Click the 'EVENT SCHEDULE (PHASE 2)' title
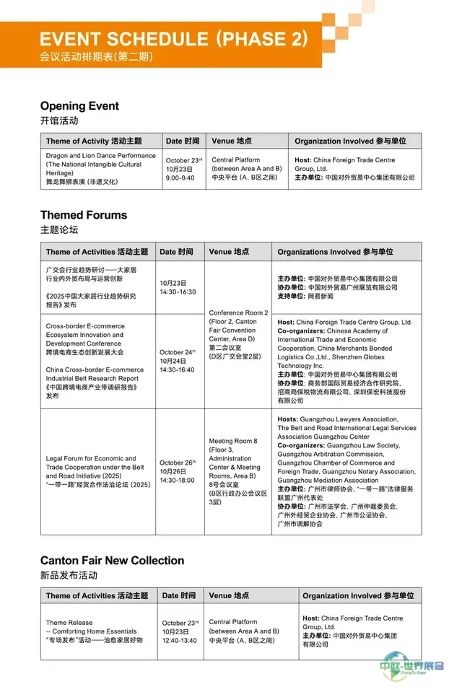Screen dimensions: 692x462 pyautogui.click(x=173, y=38)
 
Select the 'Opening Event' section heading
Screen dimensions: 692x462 pyautogui.click(x=79, y=106)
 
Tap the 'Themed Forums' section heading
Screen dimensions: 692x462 pyautogui.click(x=83, y=215)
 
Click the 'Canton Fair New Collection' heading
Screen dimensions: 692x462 pyautogui.click(x=112, y=561)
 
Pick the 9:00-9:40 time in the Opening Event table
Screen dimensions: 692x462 pyautogui.click(x=180, y=178)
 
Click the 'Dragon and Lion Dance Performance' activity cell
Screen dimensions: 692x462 pyautogui.click(x=100, y=155)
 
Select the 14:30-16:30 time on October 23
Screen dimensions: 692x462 pyautogui.click(x=178, y=292)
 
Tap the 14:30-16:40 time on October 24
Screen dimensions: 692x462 pyautogui.click(x=178, y=369)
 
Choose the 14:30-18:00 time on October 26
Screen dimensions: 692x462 pyautogui.click(x=178, y=479)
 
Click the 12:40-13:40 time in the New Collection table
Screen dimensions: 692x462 pyautogui.click(x=180, y=640)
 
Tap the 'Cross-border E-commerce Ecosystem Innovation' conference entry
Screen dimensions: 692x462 pyautogui.click(x=84, y=335)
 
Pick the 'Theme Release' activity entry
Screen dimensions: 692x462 pyautogui.click(x=69, y=623)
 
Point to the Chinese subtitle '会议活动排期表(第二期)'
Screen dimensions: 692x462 pyautogui.click(x=96, y=56)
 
